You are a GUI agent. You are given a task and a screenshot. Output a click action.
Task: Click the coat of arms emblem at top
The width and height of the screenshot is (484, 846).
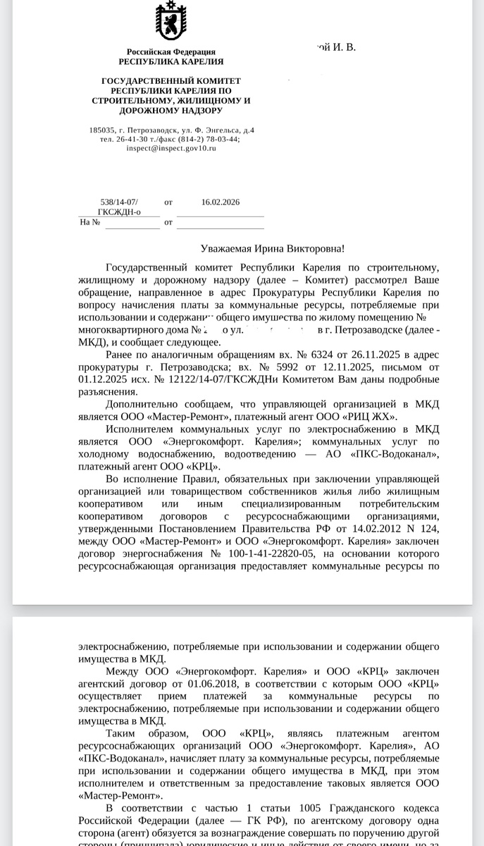click(x=170, y=23)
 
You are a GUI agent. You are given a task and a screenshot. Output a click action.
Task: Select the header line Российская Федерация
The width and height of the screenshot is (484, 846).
click(x=170, y=52)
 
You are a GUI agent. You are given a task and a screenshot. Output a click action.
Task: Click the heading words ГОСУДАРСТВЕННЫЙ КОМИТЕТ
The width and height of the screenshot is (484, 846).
click(x=170, y=81)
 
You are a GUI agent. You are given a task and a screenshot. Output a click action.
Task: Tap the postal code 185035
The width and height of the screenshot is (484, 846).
click(x=102, y=130)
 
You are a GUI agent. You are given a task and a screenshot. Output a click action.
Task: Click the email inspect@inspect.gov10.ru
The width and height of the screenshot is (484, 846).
click(x=171, y=148)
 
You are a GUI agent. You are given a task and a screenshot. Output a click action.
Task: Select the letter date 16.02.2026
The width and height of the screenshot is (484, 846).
click(x=221, y=202)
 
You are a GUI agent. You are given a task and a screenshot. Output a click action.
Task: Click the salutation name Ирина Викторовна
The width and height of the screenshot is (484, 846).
click(x=304, y=249)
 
